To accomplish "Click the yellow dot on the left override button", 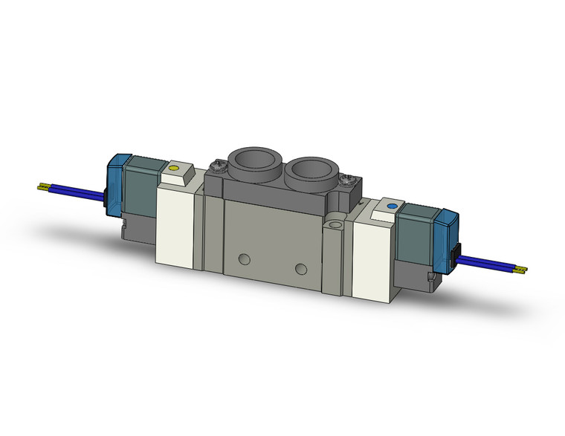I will pyautogui.click(x=174, y=169).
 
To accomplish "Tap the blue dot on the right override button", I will pyautogui.click(x=391, y=205).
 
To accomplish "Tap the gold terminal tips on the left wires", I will pyautogui.click(x=44, y=187).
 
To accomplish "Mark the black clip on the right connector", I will pyautogui.click(x=456, y=256).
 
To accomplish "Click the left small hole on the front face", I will pyautogui.click(x=243, y=260).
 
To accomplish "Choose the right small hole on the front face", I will pyautogui.click(x=300, y=268).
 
